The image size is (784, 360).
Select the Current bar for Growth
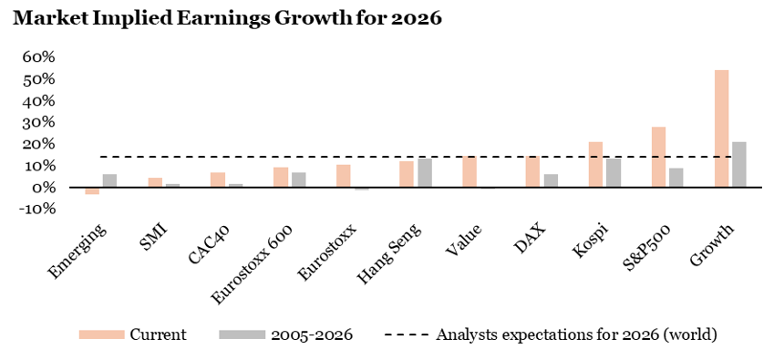click(721, 129)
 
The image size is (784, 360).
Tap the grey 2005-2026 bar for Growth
click(739, 164)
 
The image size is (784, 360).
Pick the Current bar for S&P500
click(658, 157)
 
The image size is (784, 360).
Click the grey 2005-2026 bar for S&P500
click(676, 178)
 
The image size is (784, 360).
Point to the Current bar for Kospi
click(595, 165)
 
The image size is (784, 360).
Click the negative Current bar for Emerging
click(92, 190)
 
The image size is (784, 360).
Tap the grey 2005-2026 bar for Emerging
click(110, 180)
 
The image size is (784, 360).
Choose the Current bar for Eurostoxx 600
click(281, 178)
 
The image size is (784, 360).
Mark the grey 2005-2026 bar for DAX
click(551, 180)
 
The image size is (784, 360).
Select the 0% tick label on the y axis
click(42, 188)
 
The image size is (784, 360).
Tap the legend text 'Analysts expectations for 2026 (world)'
click(577, 334)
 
